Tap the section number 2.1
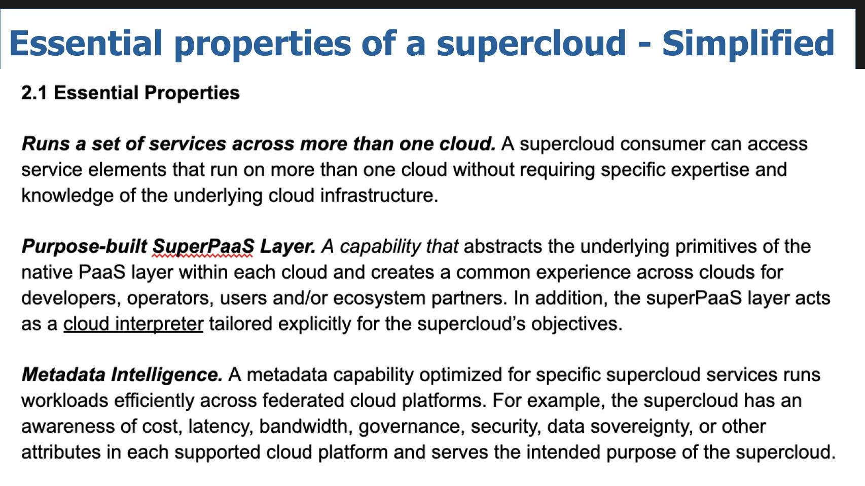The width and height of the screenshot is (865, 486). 34,93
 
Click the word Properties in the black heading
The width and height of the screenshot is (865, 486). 192,93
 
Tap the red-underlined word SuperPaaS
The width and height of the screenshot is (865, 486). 203,246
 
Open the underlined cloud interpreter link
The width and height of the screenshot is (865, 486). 133,323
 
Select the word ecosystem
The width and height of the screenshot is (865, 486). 379,298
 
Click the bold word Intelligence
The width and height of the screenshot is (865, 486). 167,375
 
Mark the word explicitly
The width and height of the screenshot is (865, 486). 314,324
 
